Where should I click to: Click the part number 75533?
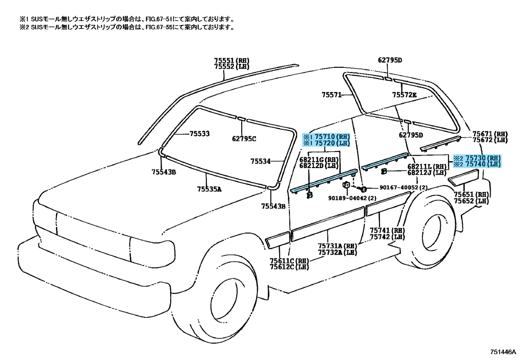199,134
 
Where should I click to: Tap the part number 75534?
260,161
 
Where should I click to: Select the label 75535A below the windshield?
209,189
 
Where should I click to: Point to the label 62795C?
244,139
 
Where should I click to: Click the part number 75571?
332,95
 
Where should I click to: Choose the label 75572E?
405,95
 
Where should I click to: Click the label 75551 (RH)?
231,61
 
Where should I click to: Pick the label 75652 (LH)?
472,201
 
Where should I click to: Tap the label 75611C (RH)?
289,261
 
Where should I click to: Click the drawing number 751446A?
503,352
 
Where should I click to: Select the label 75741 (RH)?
387,231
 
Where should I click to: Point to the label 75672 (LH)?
490,140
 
